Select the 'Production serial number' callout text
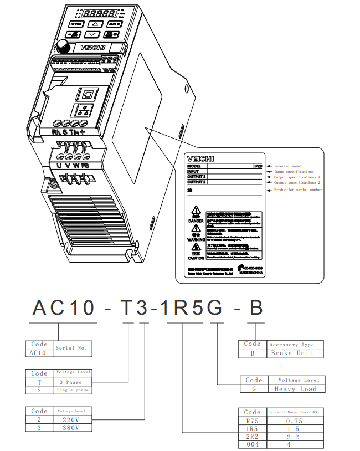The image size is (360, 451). [x=298, y=190]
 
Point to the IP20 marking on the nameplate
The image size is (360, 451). [x=258, y=166]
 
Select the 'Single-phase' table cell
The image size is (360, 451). [x=72, y=390]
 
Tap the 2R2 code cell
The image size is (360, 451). [x=252, y=437]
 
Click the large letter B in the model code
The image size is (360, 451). [x=255, y=307]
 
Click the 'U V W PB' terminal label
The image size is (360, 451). [x=73, y=166]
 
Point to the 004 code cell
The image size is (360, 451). [x=252, y=444]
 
